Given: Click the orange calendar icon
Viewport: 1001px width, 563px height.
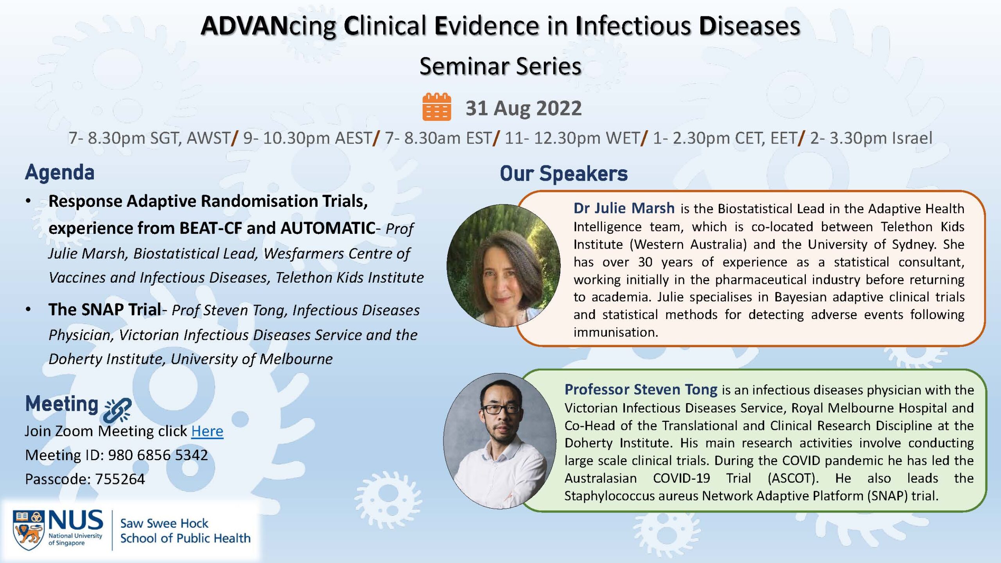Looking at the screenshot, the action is tap(437, 107).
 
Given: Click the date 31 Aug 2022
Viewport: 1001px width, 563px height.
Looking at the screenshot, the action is tap(524, 108).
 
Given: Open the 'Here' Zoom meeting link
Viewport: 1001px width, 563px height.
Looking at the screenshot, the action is tap(207, 431).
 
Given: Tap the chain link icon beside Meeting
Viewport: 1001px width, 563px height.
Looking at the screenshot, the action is tap(118, 410).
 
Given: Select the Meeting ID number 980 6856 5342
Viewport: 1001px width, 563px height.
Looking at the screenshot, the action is tap(158, 455).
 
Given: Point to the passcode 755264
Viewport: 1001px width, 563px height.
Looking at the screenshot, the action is tap(120, 479).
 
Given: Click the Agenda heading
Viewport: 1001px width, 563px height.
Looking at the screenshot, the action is tap(60, 172).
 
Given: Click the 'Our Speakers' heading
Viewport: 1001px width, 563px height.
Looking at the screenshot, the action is tap(563, 173).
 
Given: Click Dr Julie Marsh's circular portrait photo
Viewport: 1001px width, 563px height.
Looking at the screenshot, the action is tap(504, 265).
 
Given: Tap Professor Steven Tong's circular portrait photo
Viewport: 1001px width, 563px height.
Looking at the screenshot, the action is tap(500, 441).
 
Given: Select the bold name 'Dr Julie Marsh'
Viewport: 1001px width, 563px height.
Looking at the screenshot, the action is tap(624, 208).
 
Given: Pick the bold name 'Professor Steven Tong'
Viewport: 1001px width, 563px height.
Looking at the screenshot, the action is tap(641, 389).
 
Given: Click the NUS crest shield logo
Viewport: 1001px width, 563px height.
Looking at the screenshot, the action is tap(28, 530).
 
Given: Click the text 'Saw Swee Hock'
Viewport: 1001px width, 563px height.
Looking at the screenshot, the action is tap(164, 523).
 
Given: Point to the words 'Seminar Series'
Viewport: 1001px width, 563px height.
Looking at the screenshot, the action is tap(500, 66).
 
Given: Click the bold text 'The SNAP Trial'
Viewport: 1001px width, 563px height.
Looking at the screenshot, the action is tap(105, 310).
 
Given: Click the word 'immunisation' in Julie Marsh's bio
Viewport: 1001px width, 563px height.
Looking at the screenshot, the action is tap(616, 332).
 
